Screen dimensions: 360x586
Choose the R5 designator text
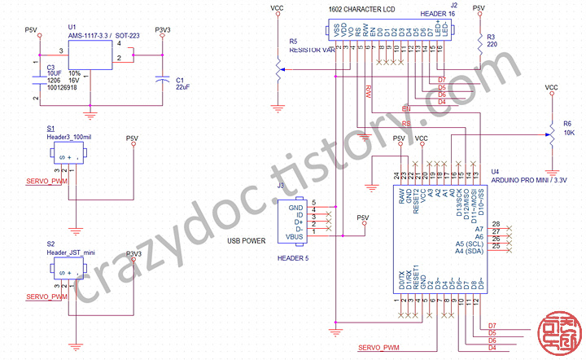(293, 41)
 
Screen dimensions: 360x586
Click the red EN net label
(407, 108)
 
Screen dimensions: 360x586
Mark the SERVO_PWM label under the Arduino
(379, 349)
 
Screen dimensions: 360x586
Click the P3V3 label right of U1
(164, 29)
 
